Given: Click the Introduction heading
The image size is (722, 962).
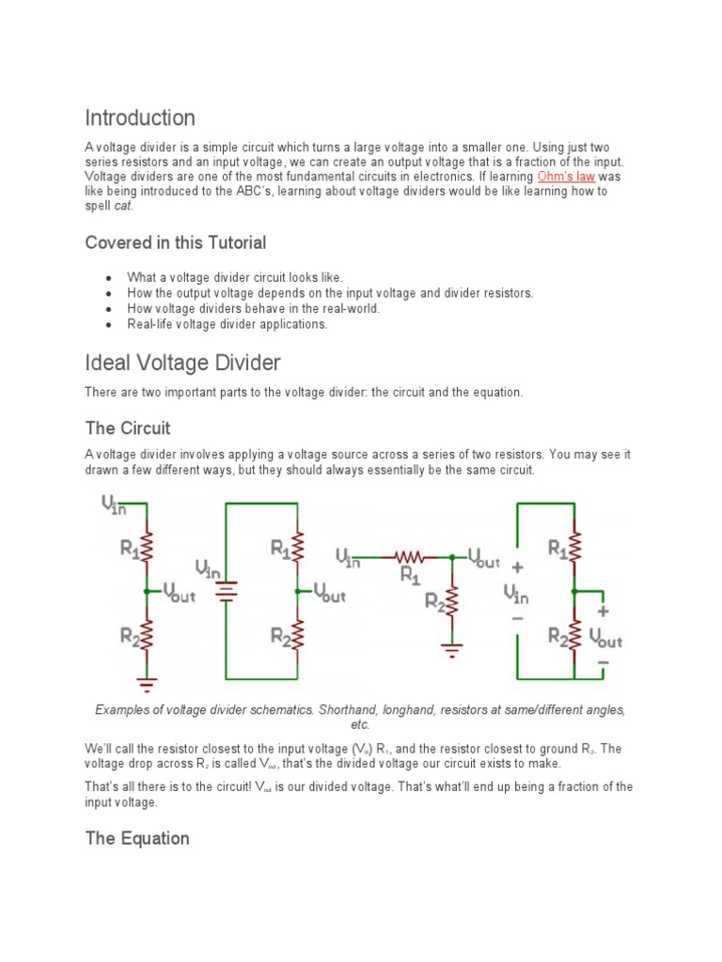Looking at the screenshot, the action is click(140, 118).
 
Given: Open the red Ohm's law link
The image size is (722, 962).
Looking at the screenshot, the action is click(566, 177).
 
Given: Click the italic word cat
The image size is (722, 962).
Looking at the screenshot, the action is click(121, 206).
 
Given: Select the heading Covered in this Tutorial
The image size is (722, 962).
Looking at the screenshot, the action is click(176, 242).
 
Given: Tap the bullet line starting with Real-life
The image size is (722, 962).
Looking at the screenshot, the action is click(228, 324).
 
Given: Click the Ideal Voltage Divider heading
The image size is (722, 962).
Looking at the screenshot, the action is click(182, 362).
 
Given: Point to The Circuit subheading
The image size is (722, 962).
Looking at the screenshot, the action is click(128, 428).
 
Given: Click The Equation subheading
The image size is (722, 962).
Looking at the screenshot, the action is click(137, 838).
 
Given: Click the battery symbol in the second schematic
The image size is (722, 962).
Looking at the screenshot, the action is click(226, 590).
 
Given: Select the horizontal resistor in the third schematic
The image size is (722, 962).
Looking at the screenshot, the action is click(410, 557).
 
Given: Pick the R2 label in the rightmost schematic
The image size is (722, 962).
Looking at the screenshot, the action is click(558, 637).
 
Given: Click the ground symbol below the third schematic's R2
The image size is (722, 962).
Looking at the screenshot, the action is click(452, 648).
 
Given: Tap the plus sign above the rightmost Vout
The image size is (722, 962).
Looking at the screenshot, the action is click(603, 611).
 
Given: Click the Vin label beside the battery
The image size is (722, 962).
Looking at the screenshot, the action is click(208, 568).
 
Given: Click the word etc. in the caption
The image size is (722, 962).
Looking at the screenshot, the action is click(360, 724).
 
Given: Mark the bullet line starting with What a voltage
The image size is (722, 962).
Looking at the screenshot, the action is click(235, 278).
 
